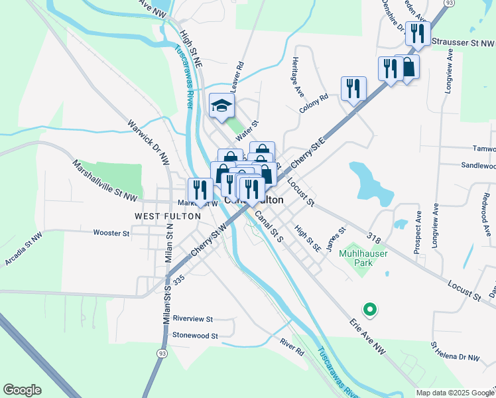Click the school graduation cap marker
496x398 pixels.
click(x=222, y=105)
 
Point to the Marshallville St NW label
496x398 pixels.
click(x=105, y=181)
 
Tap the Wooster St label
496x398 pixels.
click(x=111, y=233)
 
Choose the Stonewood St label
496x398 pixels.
click(x=195, y=336)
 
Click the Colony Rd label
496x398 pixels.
click(x=314, y=103)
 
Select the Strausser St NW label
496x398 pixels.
click(x=463, y=42)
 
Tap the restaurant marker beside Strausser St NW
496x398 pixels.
click(x=418, y=33)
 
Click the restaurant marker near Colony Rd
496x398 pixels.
click(x=353, y=88)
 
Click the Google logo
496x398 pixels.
click(x=22, y=390)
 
